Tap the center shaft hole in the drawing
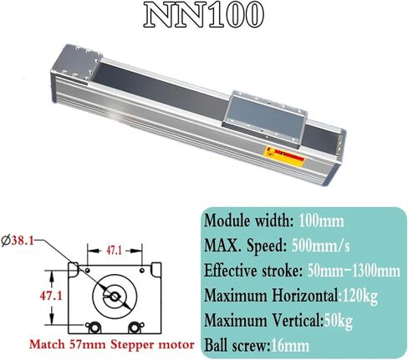[112, 294]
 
